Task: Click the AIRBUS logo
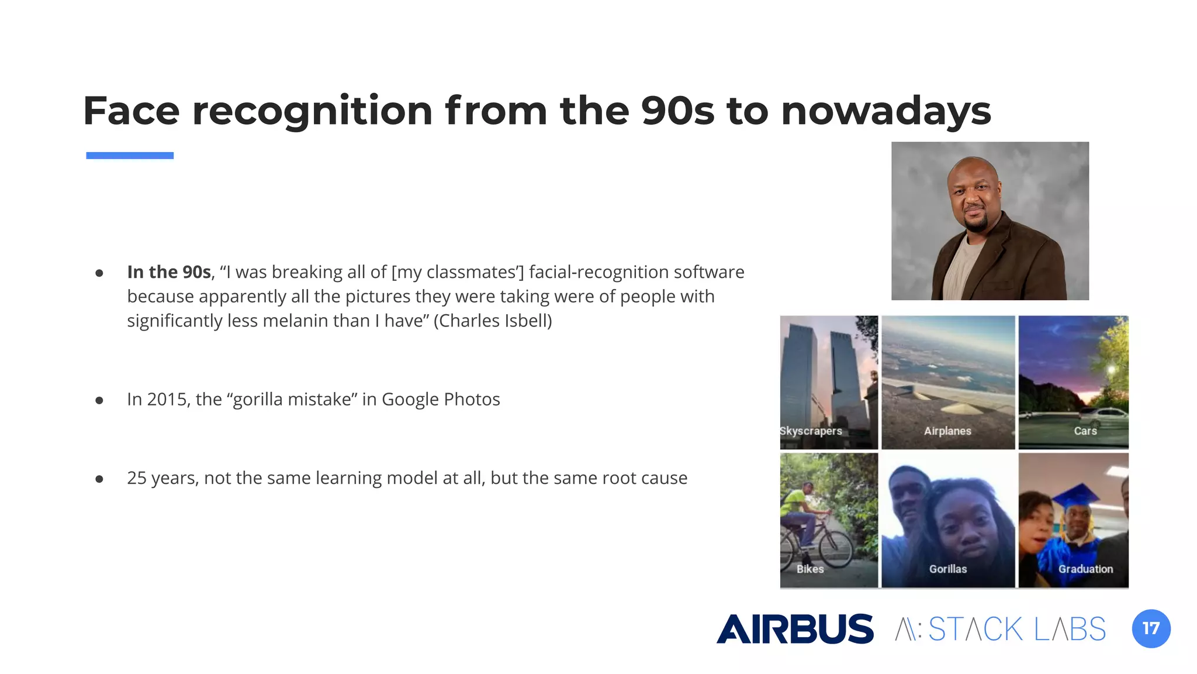point(795,629)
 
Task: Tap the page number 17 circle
point(1151,628)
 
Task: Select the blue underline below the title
point(130,156)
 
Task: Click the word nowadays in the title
point(885,111)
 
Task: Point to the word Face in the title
point(132,111)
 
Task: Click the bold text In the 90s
point(169,272)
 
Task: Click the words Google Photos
point(441,399)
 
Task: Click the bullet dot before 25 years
point(99,479)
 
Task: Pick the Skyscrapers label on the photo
point(811,431)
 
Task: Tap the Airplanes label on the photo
point(947,431)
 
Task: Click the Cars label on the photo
point(1085,431)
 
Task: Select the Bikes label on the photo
point(810,569)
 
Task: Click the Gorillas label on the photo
point(948,569)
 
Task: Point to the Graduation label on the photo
point(1085,569)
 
